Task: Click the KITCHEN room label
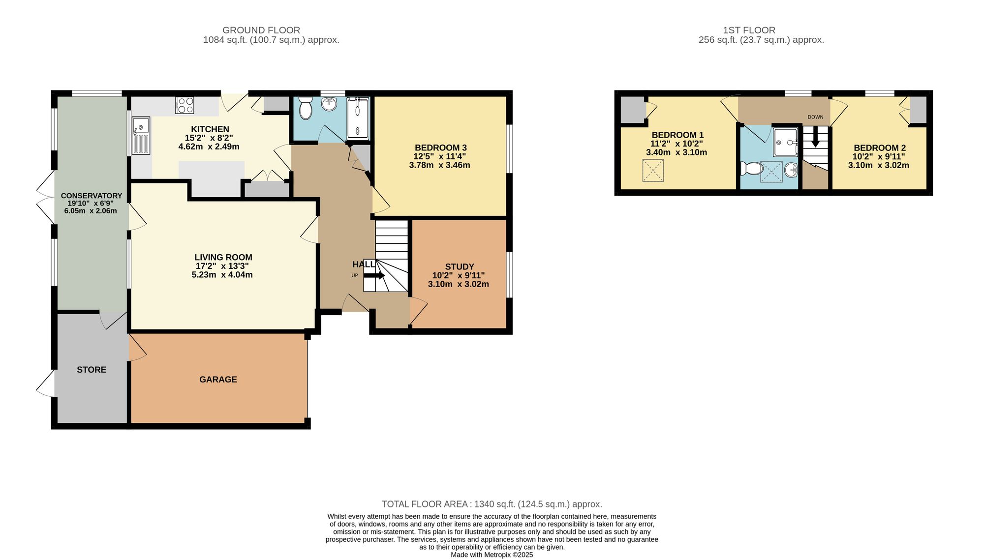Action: point(210,129)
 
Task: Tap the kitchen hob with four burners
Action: point(185,105)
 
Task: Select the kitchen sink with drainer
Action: point(141,135)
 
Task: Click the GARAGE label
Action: point(218,380)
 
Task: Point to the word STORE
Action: point(92,370)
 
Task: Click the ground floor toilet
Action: point(306,108)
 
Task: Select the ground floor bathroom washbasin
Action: point(329,104)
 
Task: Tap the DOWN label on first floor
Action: point(815,117)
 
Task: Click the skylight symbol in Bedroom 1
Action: point(653,171)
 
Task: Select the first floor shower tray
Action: point(785,142)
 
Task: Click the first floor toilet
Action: point(751,169)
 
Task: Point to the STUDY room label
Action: point(459,266)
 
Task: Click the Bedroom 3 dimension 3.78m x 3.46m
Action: point(439,165)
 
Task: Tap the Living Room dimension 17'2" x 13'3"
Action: point(222,266)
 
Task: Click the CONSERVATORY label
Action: point(91,196)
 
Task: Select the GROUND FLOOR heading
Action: point(261,30)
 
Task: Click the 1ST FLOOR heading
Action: point(749,30)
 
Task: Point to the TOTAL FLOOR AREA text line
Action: point(492,504)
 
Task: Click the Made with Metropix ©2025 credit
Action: point(492,555)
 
